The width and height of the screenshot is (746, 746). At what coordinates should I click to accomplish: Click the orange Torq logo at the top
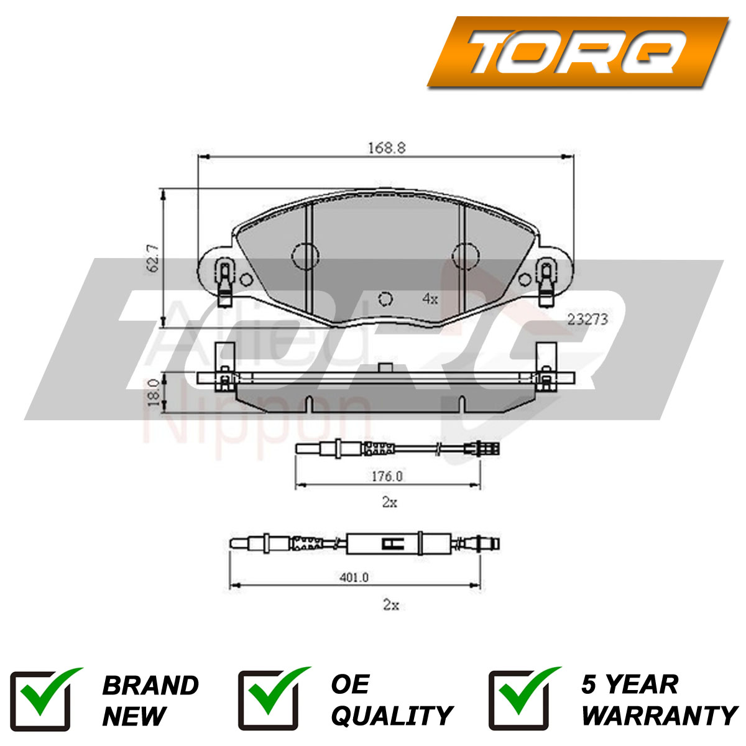tap(578, 52)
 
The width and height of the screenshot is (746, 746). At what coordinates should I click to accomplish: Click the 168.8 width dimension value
tap(386, 148)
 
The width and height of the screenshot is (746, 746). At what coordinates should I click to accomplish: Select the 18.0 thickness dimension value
tap(154, 392)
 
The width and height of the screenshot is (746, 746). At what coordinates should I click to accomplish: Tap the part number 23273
tap(587, 320)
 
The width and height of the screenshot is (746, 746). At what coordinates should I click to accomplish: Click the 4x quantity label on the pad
tap(430, 298)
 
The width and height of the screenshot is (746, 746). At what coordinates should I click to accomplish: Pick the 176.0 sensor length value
tap(387, 476)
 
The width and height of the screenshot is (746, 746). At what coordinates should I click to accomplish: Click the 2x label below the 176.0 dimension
tap(389, 502)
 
